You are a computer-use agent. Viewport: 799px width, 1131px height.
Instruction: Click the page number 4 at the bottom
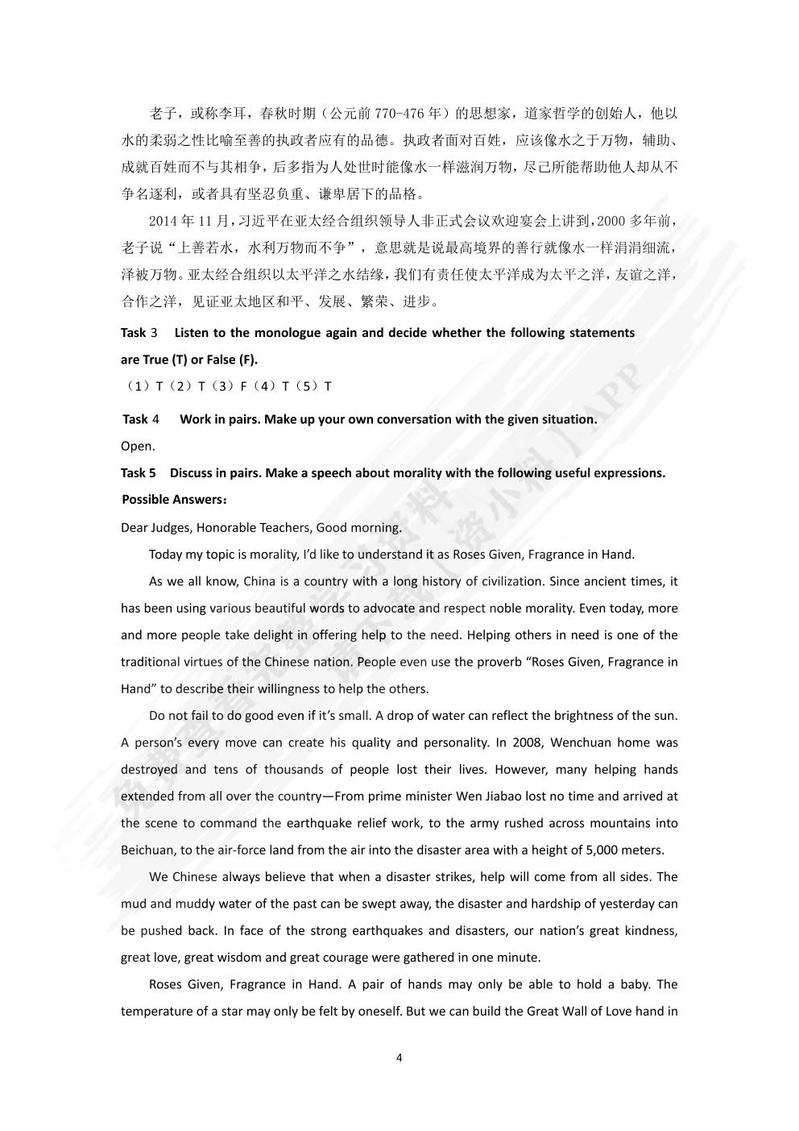pyautogui.click(x=399, y=1058)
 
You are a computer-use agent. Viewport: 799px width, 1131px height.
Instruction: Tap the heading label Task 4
pyautogui.click(x=141, y=419)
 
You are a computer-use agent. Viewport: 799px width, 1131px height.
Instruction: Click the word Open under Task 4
pyautogui.click(x=137, y=447)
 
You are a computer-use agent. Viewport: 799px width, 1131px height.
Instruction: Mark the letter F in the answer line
pyautogui.click(x=243, y=386)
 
